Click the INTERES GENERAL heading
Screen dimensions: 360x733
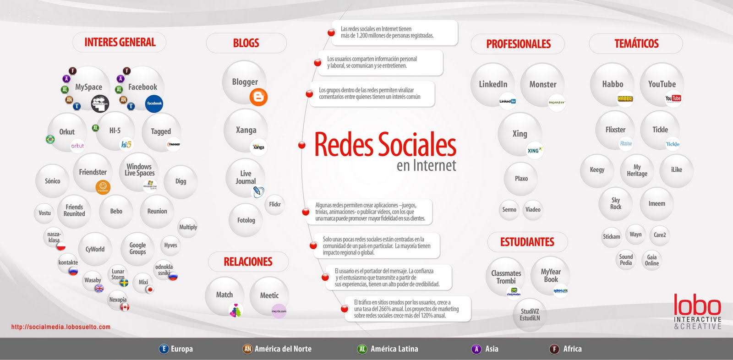tap(120, 43)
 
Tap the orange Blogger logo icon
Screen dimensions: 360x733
tap(258, 97)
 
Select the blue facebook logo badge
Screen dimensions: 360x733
tap(154, 103)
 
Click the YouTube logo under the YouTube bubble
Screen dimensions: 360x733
tap(673, 98)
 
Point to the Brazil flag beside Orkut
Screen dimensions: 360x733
tap(50, 139)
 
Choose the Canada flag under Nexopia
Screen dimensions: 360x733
tap(125, 307)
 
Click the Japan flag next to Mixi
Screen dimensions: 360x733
tap(149, 289)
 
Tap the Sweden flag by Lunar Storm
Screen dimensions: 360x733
tap(124, 283)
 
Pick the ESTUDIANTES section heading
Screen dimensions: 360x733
tap(527, 242)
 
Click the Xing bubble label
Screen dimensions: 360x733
tap(520, 134)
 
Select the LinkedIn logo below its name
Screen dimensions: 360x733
tap(507, 101)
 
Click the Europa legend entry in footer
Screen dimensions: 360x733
tap(176, 349)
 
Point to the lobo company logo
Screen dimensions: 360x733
tap(697, 311)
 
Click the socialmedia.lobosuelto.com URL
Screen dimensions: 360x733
tap(61, 327)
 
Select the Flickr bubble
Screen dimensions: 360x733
tap(275, 204)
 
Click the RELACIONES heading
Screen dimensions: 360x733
tap(248, 262)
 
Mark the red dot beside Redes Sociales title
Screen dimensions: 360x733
tap(302, 145)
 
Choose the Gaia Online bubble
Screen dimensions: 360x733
tap(651, 260)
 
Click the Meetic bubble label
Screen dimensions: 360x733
tap(269, 295)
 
